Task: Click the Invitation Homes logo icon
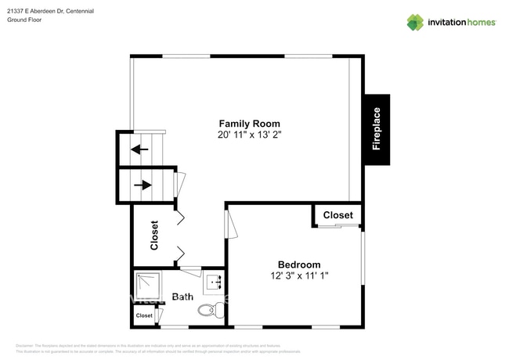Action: coord(414,22)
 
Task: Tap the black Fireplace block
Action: coord(376,129)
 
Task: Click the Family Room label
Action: coord(249,124)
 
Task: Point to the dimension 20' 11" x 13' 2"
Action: coord(249,135)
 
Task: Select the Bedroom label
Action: coord(298,265)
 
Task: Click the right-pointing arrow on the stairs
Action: coord(143,185)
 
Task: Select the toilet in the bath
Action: coord(208,310)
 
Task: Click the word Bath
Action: coord(182,297)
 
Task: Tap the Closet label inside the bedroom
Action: coord(338,215)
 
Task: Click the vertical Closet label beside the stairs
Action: coord(154,235)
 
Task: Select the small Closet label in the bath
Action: coord(144,316)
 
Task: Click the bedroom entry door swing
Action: coord(230,223)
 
